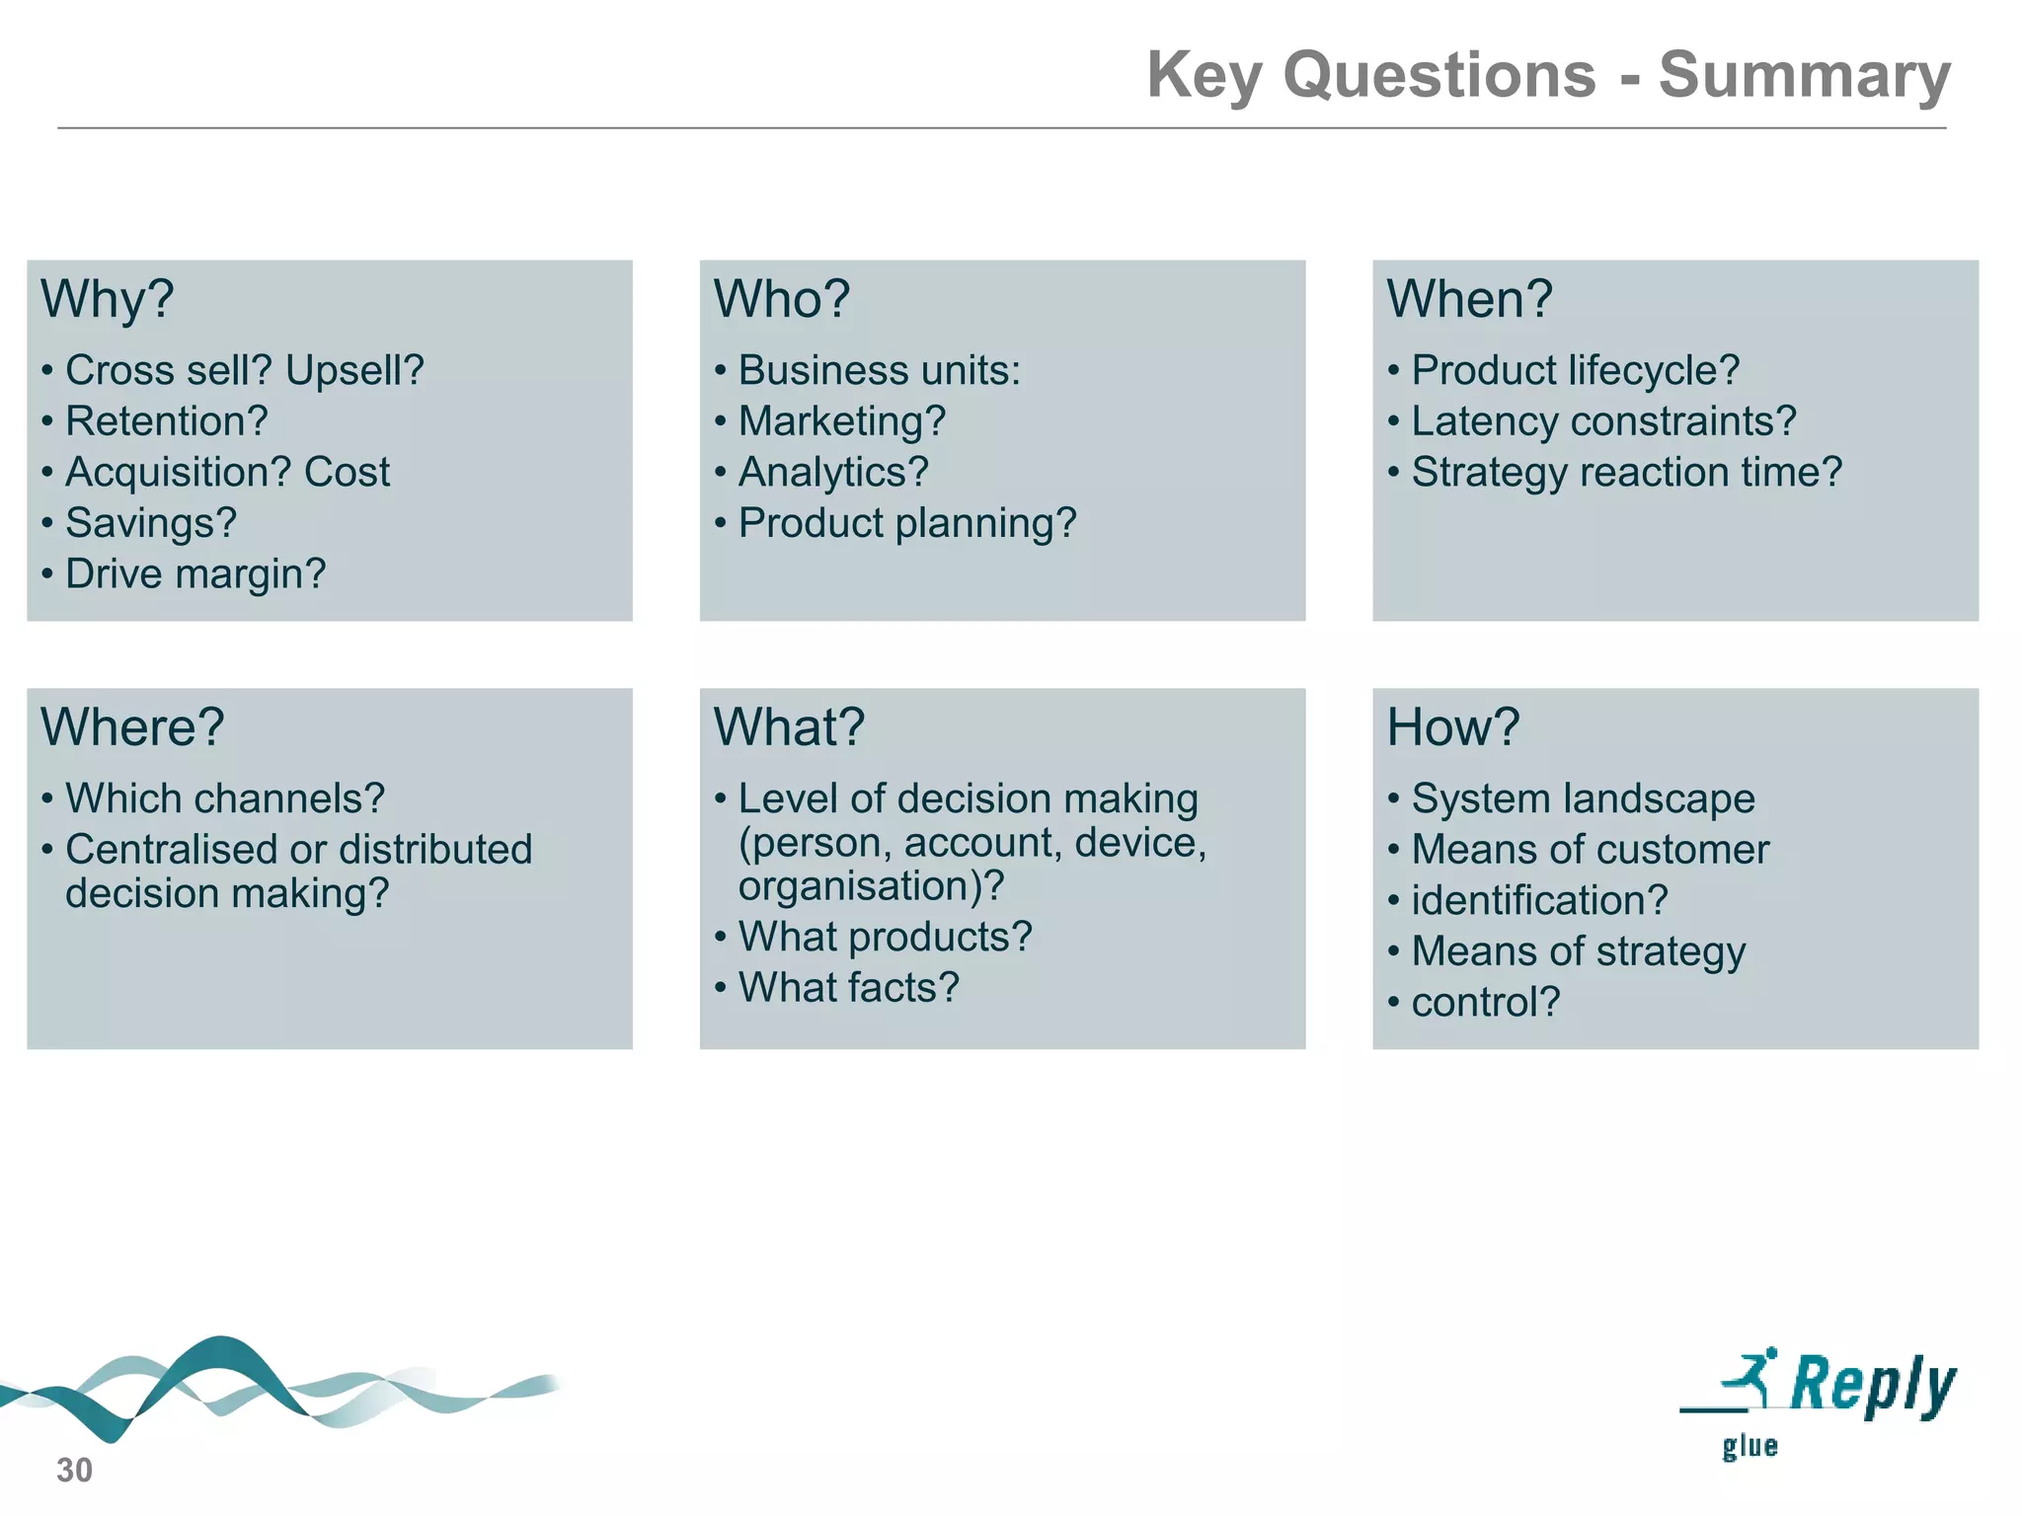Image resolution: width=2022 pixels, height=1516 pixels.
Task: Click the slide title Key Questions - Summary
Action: pos(1547,75)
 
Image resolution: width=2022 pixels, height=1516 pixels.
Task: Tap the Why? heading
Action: pos(108,299)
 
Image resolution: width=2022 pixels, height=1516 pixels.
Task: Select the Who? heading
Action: pos(781,299)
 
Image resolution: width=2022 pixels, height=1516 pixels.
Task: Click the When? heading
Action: pos(1469,299)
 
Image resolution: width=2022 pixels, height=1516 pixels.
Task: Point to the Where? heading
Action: pos(132,727)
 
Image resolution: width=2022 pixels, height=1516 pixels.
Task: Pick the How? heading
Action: pos(1452,727)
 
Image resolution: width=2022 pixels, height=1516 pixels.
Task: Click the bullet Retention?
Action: pos(166,421)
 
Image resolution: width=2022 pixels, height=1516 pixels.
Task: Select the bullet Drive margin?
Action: pos(194,574)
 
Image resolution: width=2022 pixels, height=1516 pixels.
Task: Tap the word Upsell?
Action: pos(354,371)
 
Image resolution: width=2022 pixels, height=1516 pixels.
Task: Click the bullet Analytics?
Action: pos(832,473)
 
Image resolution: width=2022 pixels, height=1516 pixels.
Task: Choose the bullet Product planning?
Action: pos(906,523)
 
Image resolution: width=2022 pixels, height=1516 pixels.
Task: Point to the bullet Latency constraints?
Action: pos(1603,421)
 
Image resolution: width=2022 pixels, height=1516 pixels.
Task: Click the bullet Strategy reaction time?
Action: pos(1626,473)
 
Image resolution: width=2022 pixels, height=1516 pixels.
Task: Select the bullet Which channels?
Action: pos(224,798)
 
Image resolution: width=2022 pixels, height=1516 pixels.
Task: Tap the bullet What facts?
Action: pos(848,988)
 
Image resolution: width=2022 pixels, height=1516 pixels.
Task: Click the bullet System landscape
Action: pos(1583,798)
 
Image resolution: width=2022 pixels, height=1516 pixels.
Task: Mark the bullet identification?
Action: pos(1539,900)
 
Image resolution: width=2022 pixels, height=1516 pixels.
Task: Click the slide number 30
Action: pos(74,1471)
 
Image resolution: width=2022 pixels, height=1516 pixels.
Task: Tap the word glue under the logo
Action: pos(1750,1447)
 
